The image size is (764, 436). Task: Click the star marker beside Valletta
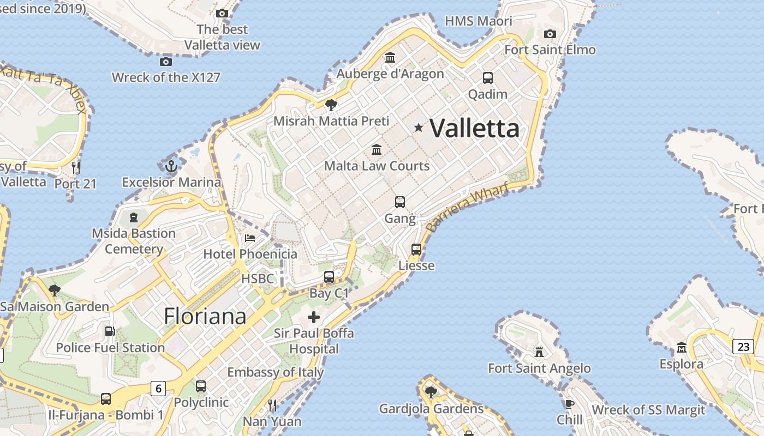(419, 128)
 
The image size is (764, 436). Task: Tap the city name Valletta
(474, 129)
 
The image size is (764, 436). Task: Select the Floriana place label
(205, 316)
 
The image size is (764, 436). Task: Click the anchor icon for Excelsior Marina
(171, 166)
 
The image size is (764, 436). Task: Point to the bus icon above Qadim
(488, 78)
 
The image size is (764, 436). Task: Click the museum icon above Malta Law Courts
(377, 149)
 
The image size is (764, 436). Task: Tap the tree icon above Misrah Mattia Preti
(331, 105)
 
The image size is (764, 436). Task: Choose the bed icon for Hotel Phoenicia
(250, 238)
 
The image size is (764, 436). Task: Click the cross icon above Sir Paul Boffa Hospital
(314, 317)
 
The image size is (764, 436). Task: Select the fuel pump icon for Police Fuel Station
(110, 331)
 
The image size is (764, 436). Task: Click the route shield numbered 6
(158, 389)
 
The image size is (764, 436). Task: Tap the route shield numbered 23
(743, 347)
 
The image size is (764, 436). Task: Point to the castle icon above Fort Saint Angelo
(539, 352)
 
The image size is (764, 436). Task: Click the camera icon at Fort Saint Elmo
(550, 34)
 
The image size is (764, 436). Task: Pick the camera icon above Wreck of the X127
(166, 62)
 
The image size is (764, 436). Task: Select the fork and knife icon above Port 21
(76, 167)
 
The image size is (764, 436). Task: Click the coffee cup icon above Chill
(570, 404)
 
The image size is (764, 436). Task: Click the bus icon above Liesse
(416, 250)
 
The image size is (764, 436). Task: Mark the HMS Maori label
(479, 21)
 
